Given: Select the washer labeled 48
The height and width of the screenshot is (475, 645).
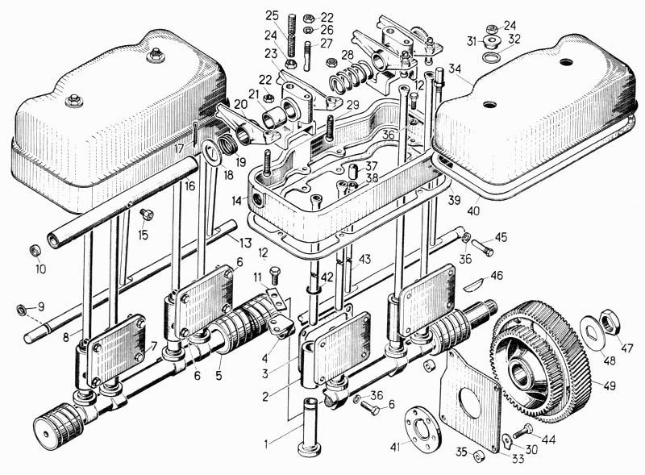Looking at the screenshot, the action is click(x=592, y=327).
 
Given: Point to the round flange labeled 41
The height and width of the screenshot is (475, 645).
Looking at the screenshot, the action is click(x=421, y=427).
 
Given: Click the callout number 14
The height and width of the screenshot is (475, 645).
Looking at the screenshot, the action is click(x=237, y=202).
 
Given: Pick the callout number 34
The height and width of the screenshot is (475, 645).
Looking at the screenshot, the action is click(x=455, y=69).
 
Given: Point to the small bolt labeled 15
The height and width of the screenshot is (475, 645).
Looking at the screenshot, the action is click(x=147, y=214).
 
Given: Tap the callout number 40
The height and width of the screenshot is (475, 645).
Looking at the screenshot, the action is click(x=473, y=211).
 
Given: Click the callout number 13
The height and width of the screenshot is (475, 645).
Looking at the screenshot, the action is click(x=245, y=243).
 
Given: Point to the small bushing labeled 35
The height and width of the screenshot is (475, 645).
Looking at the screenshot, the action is click(x=478, y=456).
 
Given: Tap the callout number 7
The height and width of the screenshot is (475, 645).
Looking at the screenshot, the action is click(x=154, y=346).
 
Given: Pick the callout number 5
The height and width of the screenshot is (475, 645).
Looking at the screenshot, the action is click(x=218, y=375).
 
